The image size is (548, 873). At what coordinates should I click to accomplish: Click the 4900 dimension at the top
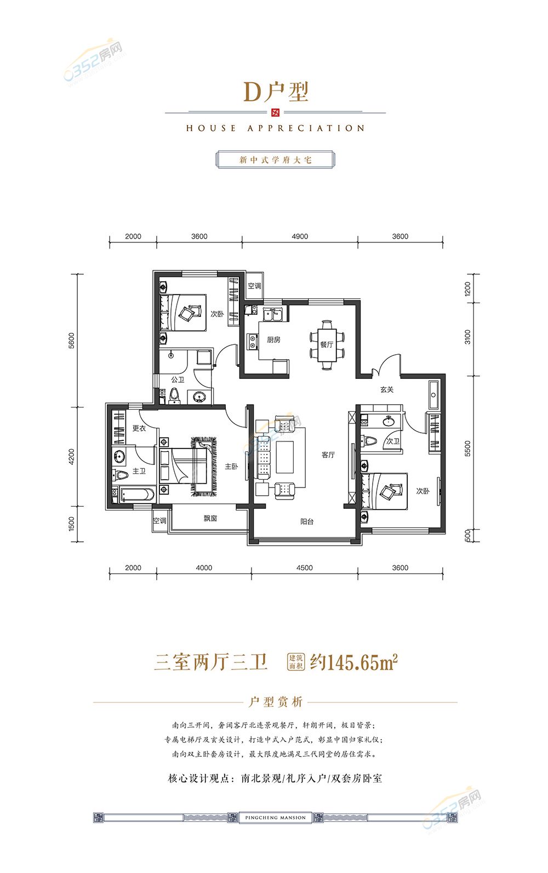(x=300, y=236)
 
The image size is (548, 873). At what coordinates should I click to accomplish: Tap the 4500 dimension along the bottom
(x=305, y=568)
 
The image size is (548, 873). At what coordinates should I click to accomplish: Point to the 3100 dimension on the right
(x=467, y=337)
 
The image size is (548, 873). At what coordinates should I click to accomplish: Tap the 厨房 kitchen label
(x=273, y=340)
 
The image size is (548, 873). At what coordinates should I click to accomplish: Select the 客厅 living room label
(x=328, y=455)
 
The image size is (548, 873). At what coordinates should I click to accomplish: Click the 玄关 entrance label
(x=387, y=389)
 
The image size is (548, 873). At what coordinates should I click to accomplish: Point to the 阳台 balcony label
(x=307, y=521)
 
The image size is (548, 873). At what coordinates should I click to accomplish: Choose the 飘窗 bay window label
(x=210, y=518)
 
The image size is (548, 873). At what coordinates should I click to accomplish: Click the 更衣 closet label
(x=139, y=428)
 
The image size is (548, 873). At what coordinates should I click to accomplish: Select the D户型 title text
(x=276, y=92)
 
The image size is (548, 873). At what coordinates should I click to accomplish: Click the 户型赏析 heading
(x=275, y=702)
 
